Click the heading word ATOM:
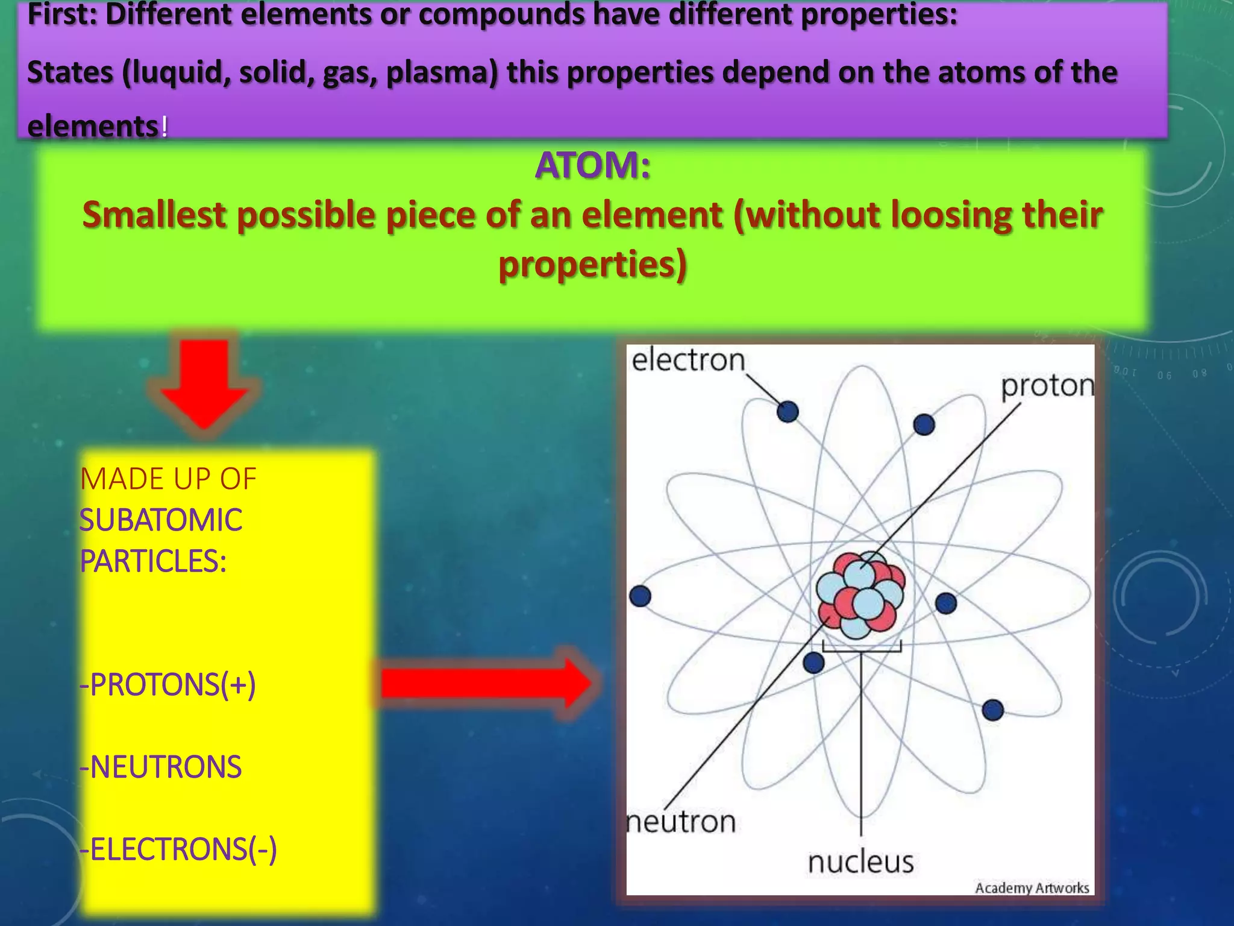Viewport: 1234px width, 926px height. tap(593, 165)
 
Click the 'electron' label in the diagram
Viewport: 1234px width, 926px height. tap(688, 361)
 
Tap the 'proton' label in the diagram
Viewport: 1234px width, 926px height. tap(1047, 386)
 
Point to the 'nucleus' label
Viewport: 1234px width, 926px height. tap(860, 862)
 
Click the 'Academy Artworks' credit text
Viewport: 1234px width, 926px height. tap(1032, 888)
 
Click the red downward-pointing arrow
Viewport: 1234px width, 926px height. tap(204, 382)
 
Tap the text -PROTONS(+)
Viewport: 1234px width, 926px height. tap(168, 685)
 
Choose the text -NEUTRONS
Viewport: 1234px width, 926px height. tap(160, 767)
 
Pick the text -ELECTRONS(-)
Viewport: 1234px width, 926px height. tap(178, 849)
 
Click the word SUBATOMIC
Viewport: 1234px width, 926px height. tap(160, 520)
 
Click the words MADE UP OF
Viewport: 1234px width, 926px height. tap(168, 479)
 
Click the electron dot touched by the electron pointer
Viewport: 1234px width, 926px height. tap(788, 412)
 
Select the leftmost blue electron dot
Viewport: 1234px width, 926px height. tap(640, 596)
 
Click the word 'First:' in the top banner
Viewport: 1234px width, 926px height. tap(63, 14)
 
